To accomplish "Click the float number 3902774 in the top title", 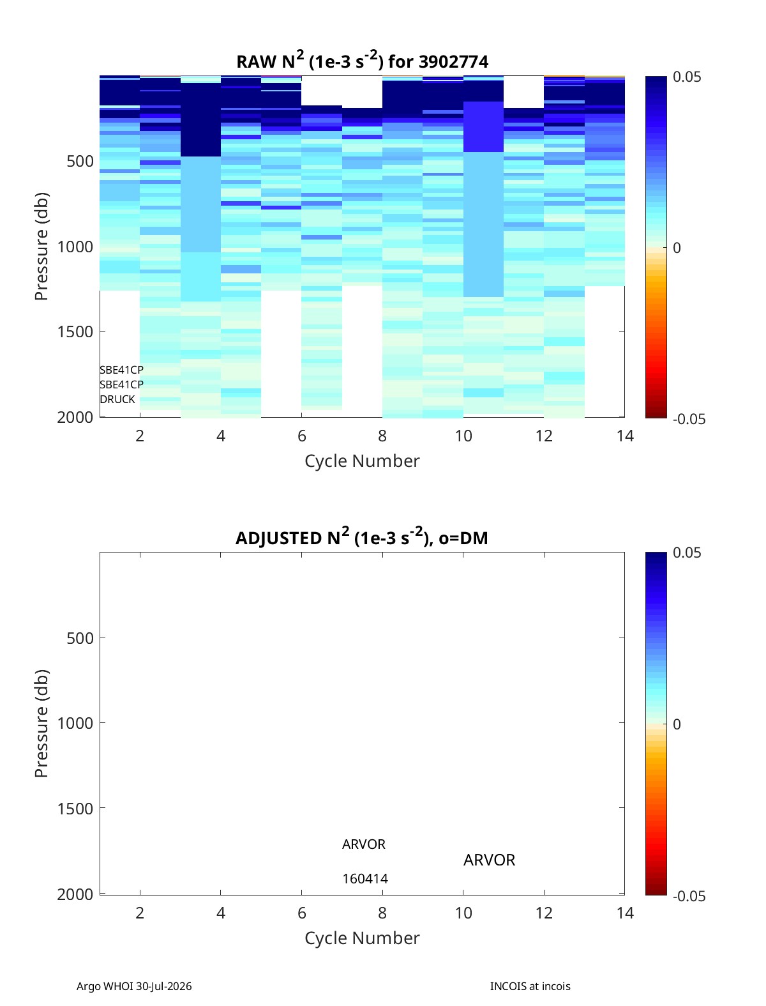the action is pos(453,61).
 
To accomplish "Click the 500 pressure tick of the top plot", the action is pos(80,162).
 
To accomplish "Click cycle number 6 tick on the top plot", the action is pos(302,436).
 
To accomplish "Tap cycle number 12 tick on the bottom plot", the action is pos(544,913).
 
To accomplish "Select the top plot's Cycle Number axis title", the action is pos(362,461).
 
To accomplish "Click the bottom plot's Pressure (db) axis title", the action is pos(41,723).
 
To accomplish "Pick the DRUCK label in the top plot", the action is pos(117,399).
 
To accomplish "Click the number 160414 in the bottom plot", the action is pos(365,879).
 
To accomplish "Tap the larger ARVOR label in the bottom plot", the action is pos(489,860).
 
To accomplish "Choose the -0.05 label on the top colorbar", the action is pos(689,419).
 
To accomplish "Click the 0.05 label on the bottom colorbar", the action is pos(687,553).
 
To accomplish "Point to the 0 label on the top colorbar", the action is pos(677,248).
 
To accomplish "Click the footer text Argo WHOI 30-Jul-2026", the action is pos(134,986).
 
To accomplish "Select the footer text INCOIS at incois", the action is pos(530,986).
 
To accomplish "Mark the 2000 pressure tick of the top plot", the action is pos(75,417).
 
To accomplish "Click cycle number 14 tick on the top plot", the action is pos(624,436).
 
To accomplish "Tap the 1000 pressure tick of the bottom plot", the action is pos(75,723).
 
